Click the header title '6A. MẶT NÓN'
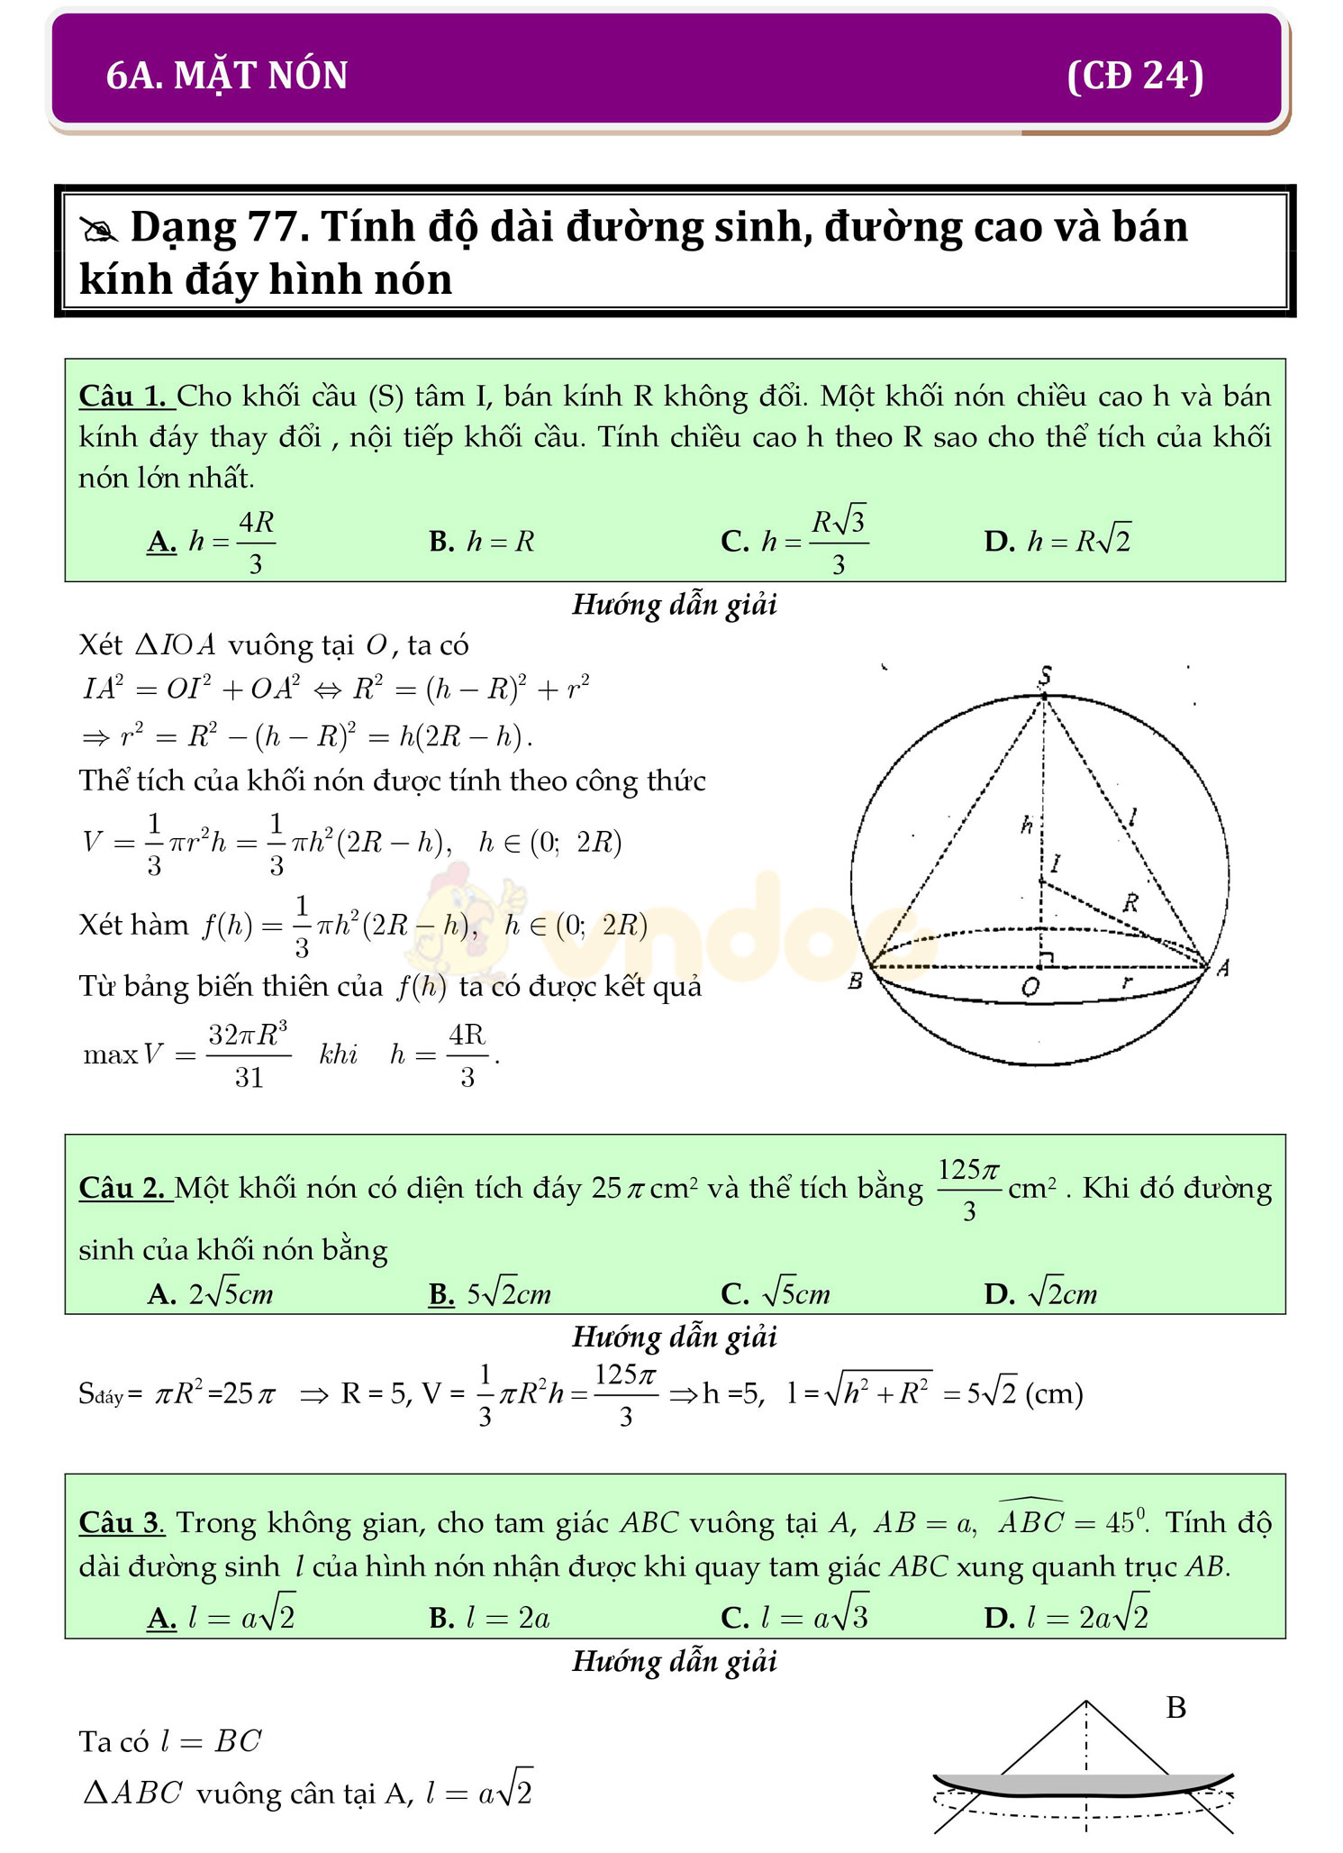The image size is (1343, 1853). (x=227, y=76)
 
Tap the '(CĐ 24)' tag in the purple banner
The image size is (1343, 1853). (x=1134, y=76)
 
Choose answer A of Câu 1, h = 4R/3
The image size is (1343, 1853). (x=212, y=542)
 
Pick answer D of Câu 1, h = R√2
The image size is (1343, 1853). (x=1057, y=542)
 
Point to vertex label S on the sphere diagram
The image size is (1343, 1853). (x=1045, y=675)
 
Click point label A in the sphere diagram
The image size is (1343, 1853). (x=1222, y=968)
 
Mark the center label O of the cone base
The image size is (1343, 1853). (x=1030, y=988)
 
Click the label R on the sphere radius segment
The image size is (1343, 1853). (x=1131, y=902)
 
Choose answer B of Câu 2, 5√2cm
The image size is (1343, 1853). (x=490, y=1295)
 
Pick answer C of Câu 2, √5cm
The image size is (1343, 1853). (x=776, y=1295)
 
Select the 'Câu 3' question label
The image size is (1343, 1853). (x=121, y=1523)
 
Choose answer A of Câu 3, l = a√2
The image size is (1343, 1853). (x=222, y=1618)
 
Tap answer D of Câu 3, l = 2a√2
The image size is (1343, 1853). (x=1067, y=1618)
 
